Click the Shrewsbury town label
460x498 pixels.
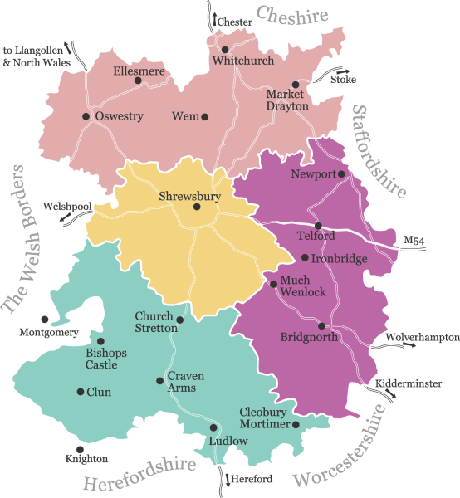coord(189,197)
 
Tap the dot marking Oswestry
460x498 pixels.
coord(86,116)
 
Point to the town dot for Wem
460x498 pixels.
coord(205,116)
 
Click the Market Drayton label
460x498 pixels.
coord(287,100)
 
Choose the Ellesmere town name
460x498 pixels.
coord(139,71)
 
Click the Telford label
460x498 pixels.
coord(316,236)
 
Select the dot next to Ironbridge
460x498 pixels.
coord(305,258)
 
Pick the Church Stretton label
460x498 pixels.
coord(156,323)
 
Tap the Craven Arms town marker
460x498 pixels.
coord(160,381)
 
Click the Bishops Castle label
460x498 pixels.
coord(106,359)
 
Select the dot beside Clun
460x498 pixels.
coord(80,392)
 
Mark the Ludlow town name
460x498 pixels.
coord(228,441)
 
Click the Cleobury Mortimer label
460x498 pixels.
coord(265,418)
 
